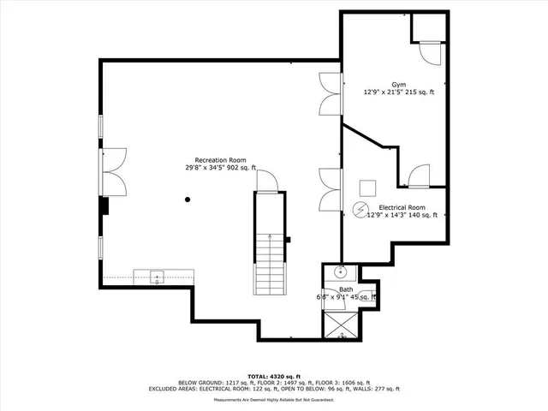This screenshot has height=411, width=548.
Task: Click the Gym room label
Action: point(398,84)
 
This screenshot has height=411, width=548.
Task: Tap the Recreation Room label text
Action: point(221,160)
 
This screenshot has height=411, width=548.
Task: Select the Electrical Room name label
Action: point(402,207)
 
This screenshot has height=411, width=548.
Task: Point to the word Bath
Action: point(346,289)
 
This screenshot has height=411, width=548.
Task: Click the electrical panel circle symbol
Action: point(360,209)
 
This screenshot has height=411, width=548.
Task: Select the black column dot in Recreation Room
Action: point(188,200)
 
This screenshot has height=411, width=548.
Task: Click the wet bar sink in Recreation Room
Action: point(158,276)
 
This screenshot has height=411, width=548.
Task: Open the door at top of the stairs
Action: point(266,180)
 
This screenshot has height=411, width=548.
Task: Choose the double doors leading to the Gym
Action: point(330,94)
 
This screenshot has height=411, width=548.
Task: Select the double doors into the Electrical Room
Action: point(330,189)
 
